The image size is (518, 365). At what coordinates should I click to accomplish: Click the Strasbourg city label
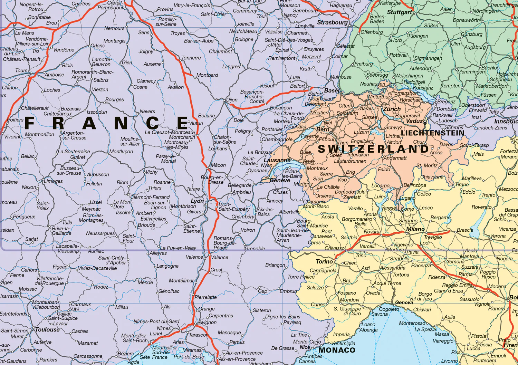pyautogui.click(x=332, y=22)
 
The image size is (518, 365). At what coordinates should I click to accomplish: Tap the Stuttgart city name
pyautogui.click(x=400, y=12)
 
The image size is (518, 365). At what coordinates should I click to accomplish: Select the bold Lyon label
pyautogui.click(x=197, y=201)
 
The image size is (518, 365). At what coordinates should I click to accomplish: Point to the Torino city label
pyautogui.click(x=324, y=261)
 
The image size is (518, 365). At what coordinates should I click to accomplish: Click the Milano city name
pyautogui.click(x=415, y=229)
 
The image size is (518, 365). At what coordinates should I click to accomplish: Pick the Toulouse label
pyautogui.click(x=47, y=329)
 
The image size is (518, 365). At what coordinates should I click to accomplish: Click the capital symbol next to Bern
pyautogui.click(x=331, y=133)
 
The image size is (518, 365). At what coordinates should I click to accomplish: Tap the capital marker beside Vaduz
pyautogui.click(x=425, y=122)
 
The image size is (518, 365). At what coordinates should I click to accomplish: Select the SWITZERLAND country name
pyautogui.click(x=373, y=149)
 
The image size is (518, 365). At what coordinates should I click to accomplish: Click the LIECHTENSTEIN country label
pyautogui.click(x=432, y=133)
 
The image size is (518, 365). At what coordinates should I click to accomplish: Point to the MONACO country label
pyautogui.click(x=337, y=350)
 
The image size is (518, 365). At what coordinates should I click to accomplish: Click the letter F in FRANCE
pyautogui.click(x=30, y=123)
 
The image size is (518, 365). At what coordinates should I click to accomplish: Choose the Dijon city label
pyautogui.click(x=232, y=100)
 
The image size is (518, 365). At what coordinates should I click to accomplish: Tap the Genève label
pyautogui.click(x=280, y=180)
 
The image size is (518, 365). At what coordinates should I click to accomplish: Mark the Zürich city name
pyautogui.click(x=392, y=109)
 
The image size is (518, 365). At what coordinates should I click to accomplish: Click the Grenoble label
pyautogui.click(x=255, y=248)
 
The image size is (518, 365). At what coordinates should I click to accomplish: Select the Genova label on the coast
pyautogui.click(x=404, y=302)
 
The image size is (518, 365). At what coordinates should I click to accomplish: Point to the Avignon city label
pyautogui.click(x=208, y=322)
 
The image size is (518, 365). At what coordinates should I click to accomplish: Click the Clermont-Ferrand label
pyautogui.click(x=150, y=197)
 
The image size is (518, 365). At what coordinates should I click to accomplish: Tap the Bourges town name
pyautogui.click(x=114, y=99)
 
